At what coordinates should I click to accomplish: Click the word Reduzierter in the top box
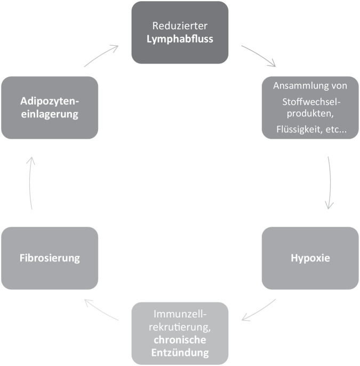[180, 25]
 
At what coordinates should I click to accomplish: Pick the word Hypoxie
[310, 258]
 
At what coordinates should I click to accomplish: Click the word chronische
[180, 339]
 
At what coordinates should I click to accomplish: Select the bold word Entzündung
[180, 352]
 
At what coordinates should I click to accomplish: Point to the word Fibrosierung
[50, 258]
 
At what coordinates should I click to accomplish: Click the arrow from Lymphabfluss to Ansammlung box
[259, 56]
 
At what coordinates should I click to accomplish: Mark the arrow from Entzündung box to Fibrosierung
[103, 310]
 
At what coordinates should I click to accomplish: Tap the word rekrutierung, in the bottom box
[180, 327]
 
